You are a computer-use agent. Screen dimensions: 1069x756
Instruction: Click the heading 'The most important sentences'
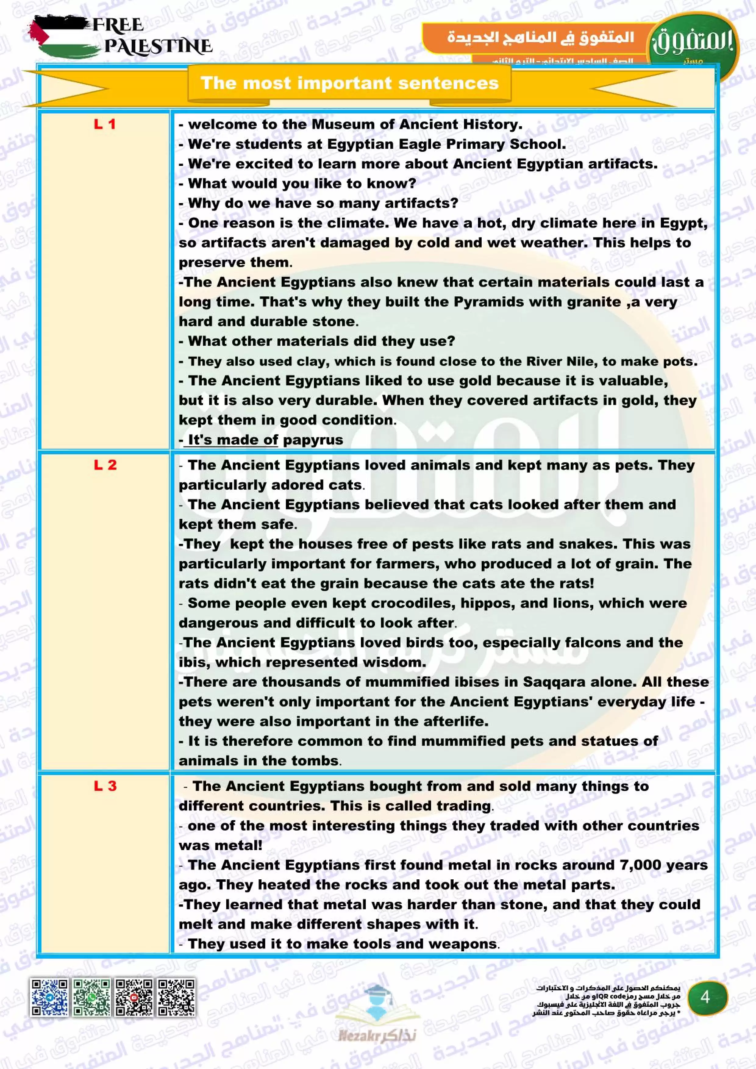349,83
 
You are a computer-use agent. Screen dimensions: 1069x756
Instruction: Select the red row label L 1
105,124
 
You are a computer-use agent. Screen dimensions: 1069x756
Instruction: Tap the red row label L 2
105,465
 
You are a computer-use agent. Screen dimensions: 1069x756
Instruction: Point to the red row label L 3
105,786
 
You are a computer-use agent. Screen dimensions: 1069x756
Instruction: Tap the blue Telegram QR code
49,997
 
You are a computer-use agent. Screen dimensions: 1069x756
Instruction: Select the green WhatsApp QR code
92,997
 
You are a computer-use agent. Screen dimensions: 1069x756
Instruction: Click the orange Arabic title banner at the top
540,37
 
